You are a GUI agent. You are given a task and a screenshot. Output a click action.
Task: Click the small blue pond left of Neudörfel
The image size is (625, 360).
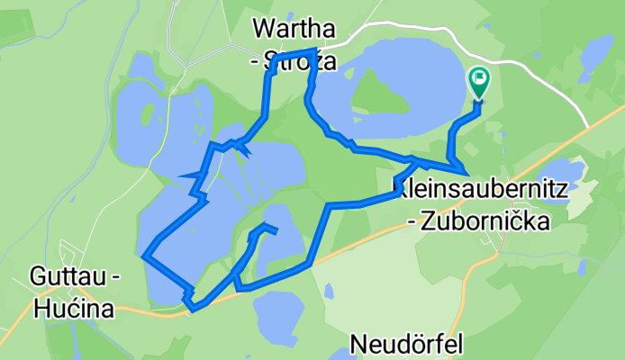click(330, 291)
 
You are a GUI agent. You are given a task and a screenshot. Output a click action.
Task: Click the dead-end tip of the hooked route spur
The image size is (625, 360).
click(275, 232)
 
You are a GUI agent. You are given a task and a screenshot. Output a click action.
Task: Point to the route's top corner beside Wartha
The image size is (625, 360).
click(314, 50)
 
